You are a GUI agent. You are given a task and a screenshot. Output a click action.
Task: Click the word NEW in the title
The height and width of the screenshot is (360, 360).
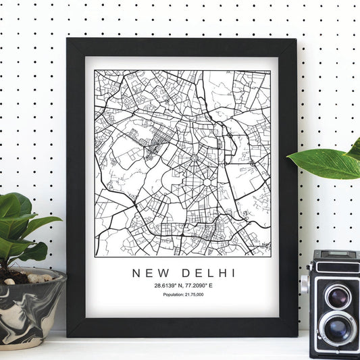coord(151,273)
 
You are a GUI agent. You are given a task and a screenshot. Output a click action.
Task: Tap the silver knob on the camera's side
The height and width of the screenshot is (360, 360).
coord(305,284)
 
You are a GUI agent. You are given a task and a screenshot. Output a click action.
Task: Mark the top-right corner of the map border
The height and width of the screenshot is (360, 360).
coord(270,70)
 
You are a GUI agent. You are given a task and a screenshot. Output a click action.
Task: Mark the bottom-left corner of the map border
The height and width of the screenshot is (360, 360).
coord(95,255)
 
